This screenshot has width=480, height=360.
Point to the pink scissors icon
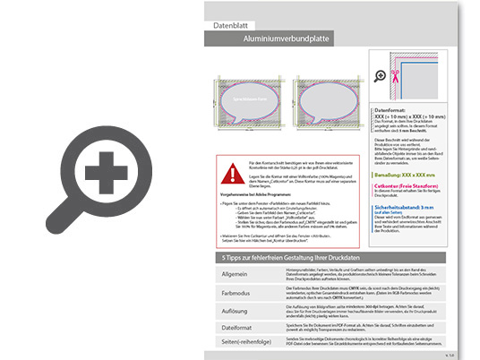point(395,75)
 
